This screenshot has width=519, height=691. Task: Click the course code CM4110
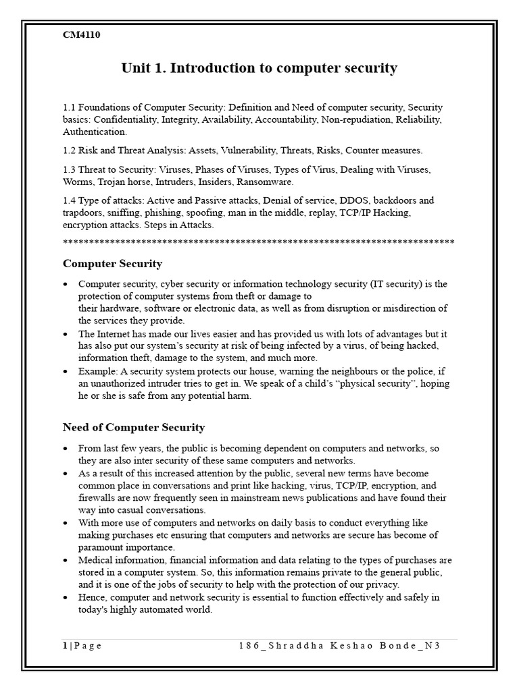click(82, 35)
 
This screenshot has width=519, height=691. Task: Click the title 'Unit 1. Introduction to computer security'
click(259, 68)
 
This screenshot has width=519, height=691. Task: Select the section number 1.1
click(70, 107)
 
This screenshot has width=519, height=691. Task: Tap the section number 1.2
click(70, 150)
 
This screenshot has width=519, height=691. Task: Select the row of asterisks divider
click(259, 241)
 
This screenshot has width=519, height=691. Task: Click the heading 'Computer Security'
click(112, 263)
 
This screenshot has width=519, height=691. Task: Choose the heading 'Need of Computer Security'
click(134, 427)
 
